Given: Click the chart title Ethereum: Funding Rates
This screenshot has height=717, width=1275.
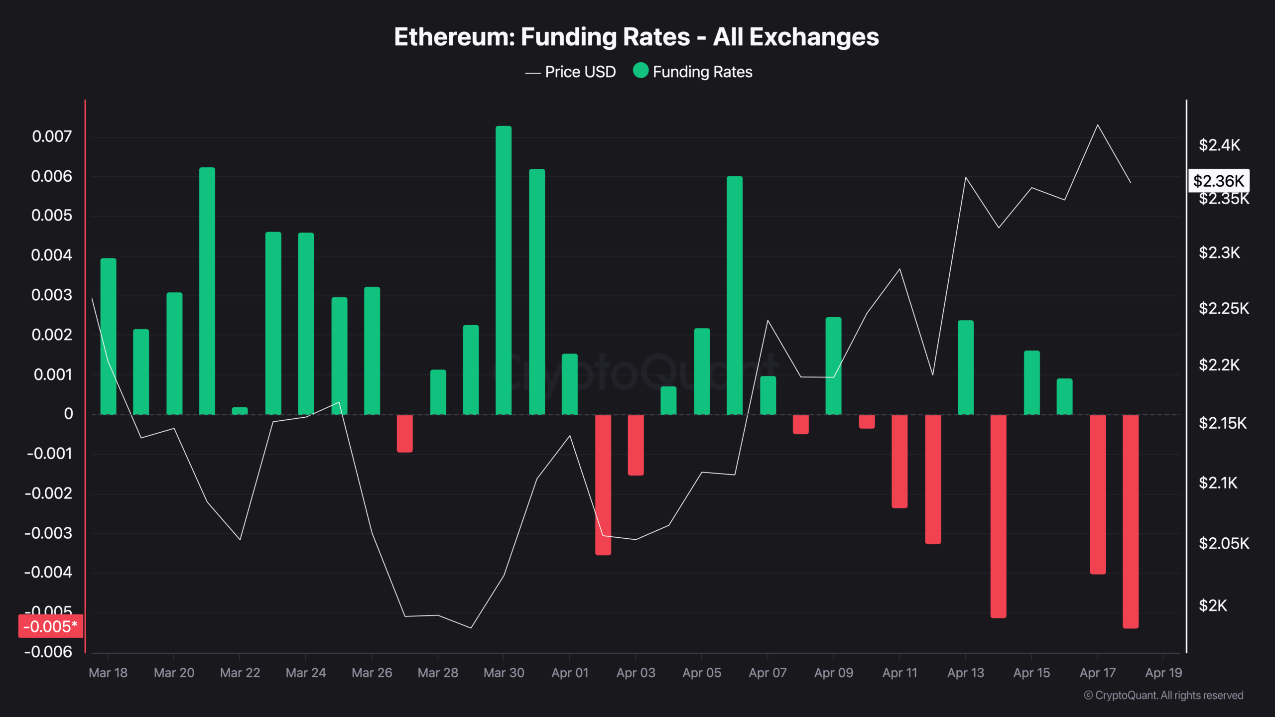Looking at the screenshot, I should [637, 37].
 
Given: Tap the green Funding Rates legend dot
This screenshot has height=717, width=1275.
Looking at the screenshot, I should [640, 71].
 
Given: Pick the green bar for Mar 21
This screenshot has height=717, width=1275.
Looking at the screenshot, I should [207, 291].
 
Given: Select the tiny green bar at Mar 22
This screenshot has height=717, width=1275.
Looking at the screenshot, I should [240, 411].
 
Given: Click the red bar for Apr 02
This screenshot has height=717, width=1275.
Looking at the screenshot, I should [603, 484].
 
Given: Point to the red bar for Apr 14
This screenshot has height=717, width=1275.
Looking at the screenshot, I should [999, 516].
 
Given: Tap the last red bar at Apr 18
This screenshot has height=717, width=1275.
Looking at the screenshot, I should [1131, 521].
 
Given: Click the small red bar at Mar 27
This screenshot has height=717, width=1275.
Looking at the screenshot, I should [405, 433].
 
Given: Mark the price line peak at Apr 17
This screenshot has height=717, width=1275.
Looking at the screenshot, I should [1098, 125].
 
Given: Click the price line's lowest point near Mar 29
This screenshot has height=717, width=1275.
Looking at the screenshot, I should [471, 627].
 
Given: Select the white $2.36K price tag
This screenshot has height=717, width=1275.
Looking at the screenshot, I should [1218, 181].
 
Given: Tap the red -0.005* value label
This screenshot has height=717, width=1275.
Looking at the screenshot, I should [50, 626].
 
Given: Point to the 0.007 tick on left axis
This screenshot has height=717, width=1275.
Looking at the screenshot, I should [52, 136].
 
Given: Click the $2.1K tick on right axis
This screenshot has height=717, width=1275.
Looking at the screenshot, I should [1218, 482].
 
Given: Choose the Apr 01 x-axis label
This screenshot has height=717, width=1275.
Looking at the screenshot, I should [570, 673].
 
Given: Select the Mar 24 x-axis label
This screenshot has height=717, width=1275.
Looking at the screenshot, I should [306, 673].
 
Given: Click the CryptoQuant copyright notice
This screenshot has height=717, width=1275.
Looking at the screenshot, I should [1163, 696].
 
